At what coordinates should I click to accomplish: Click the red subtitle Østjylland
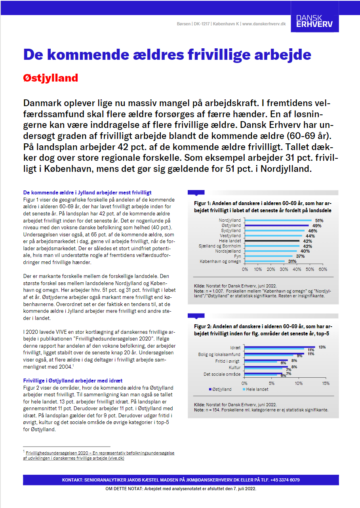coord(51,78)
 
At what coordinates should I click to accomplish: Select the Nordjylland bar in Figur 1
coord(278,220)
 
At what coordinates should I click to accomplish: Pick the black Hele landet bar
coord(272,241)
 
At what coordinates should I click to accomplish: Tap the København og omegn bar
coord(265,261)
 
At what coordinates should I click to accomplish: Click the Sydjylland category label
coord(230,230)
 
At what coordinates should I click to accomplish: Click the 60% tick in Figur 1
coord(323,269)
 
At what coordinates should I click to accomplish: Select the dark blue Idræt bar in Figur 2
coord(280,347)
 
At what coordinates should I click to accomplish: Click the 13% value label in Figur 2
coord(322,347)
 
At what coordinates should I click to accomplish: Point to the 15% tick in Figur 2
coord(326,383)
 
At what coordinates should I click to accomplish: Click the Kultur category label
coord(234,367)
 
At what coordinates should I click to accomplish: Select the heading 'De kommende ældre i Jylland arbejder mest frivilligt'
coord(87,192)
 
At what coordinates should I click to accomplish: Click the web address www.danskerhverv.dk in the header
coord(264,24)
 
